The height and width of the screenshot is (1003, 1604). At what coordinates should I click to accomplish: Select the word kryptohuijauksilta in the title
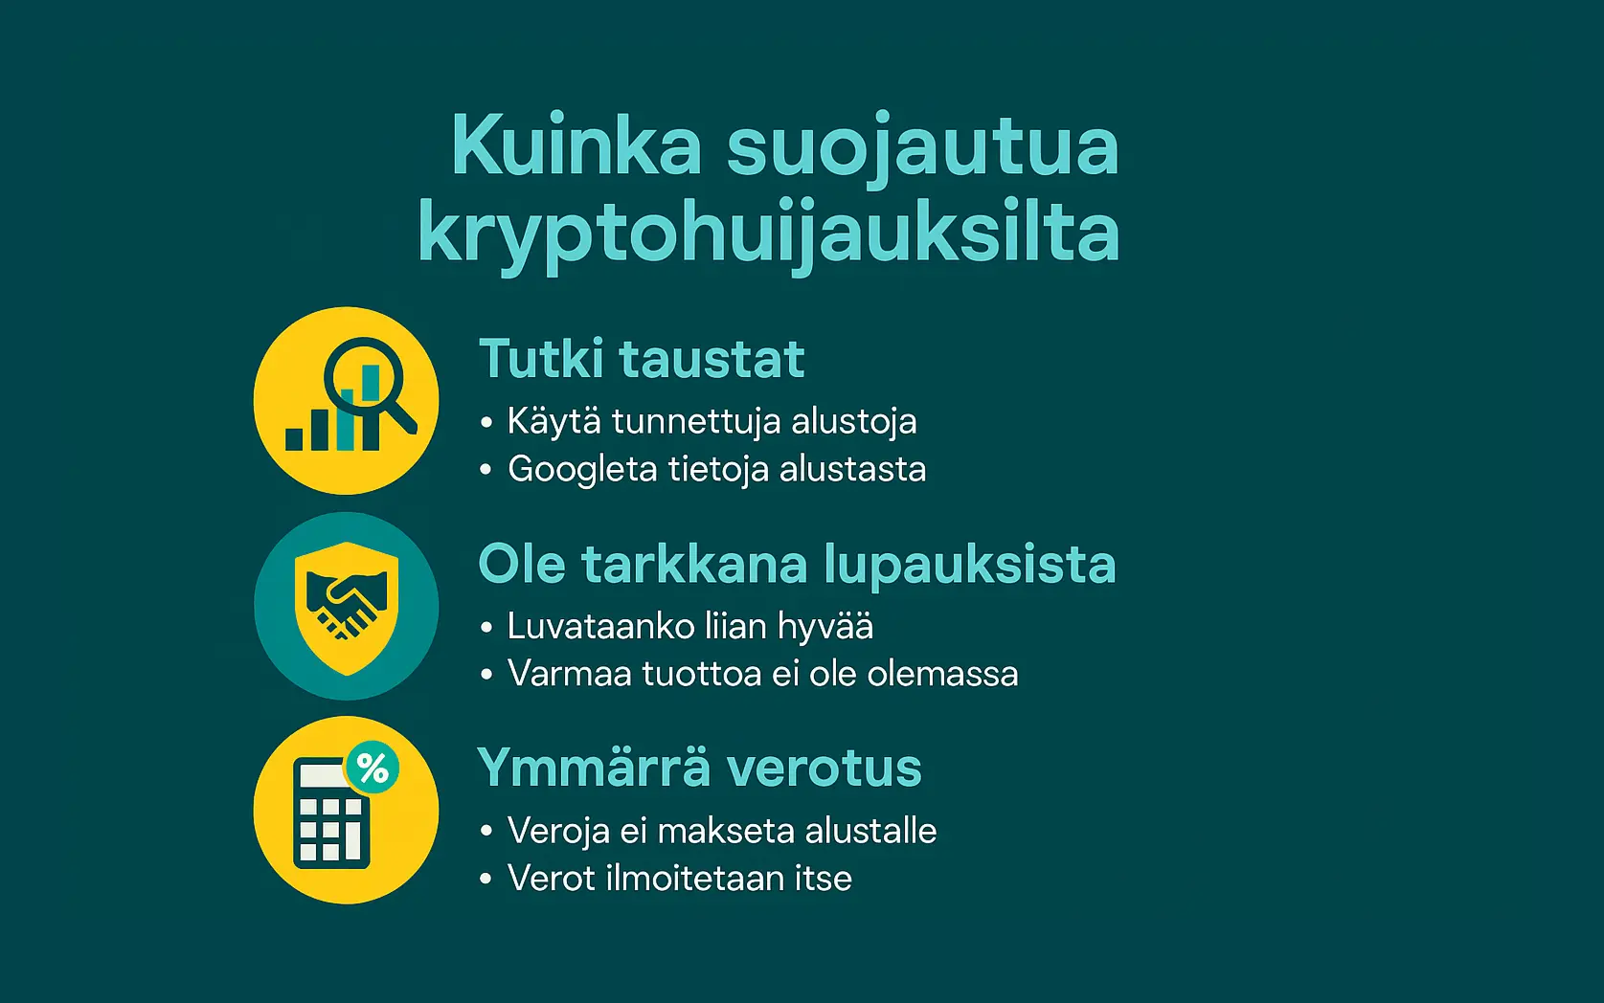tap(768, 233)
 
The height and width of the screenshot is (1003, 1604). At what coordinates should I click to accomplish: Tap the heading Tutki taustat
tap(641, 359)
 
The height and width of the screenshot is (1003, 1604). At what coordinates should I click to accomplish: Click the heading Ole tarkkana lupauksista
tap(796, 564)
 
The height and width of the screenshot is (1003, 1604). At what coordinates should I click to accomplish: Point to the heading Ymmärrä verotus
tap(699, 768)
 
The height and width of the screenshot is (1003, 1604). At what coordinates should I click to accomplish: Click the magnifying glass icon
tap(369, 383)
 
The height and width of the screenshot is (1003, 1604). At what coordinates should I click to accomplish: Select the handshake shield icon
tap(347, 606)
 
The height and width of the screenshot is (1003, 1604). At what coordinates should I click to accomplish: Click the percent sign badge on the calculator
tap(372, 768)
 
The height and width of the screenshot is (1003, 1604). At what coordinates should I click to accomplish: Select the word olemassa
tap(942, 674)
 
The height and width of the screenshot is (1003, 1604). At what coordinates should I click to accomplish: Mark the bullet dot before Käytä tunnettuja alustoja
tap(486, 422)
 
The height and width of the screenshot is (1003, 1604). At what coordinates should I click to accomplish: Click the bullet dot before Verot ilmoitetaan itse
tap(486, 879)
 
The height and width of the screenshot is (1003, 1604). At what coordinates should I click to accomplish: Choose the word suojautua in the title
tap(922, 145)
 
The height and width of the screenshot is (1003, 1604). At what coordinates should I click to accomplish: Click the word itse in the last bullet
tap(823, 879)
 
